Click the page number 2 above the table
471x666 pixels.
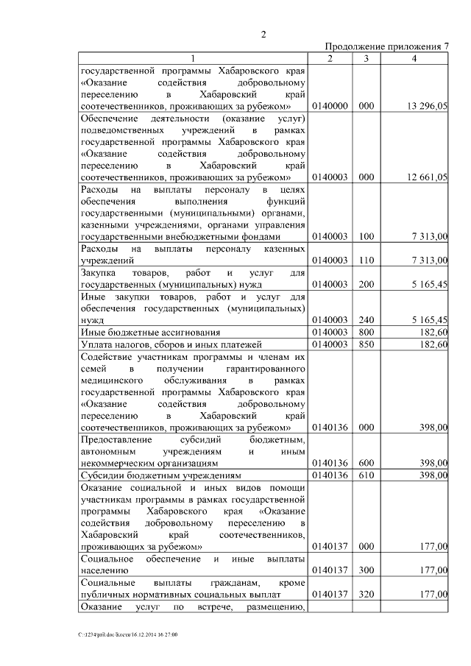click(x=263, y=34)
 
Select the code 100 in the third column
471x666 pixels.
click(x=366, y=237)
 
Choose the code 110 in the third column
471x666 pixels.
click(x=366, y=261)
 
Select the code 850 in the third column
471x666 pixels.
click(x=366, y=344)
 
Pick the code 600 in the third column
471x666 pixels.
click(x=366, y=463)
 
